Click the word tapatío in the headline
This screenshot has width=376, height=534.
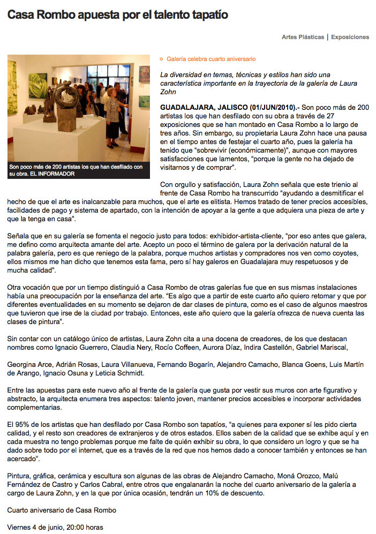[x=209, y=15]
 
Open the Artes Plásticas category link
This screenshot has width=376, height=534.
[x=303, y=37]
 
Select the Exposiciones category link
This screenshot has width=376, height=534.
[x=350, y=37]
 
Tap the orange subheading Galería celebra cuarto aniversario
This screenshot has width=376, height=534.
[x=211, y=59]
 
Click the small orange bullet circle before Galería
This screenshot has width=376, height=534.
[x=161, y=59]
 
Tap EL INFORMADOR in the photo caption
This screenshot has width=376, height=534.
[x=52, y=174]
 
